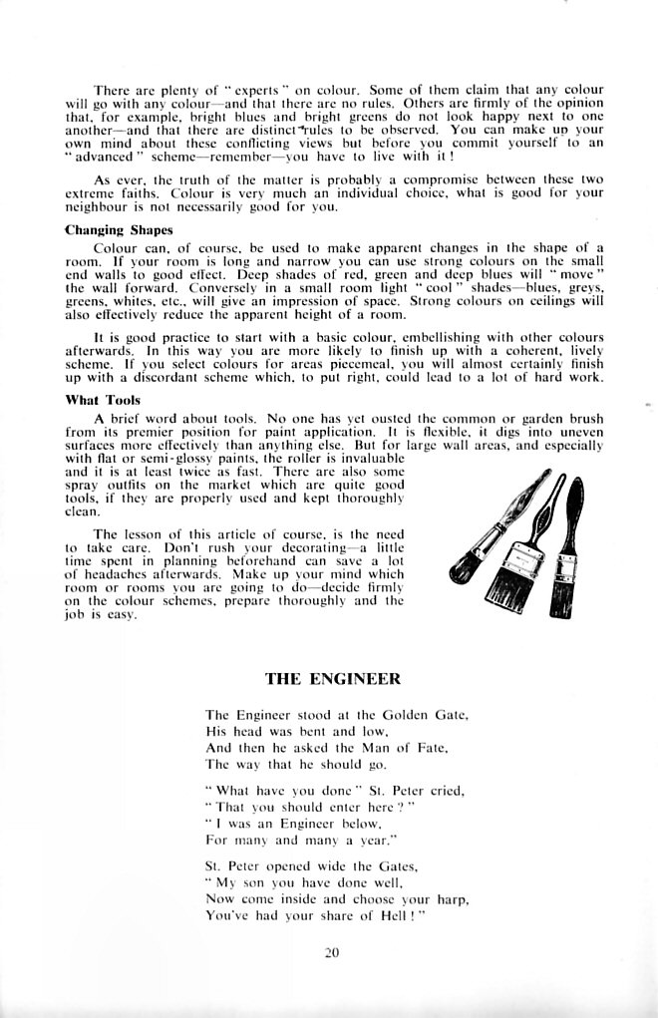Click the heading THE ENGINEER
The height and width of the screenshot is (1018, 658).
[332, 679]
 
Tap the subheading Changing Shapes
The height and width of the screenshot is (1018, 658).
[118, 230]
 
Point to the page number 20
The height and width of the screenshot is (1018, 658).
[332, 952]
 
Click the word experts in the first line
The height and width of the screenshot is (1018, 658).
[236, 90]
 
